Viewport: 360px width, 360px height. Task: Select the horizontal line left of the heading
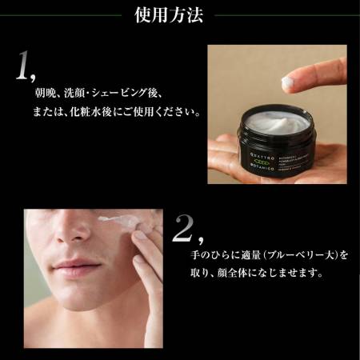[63, 15]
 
